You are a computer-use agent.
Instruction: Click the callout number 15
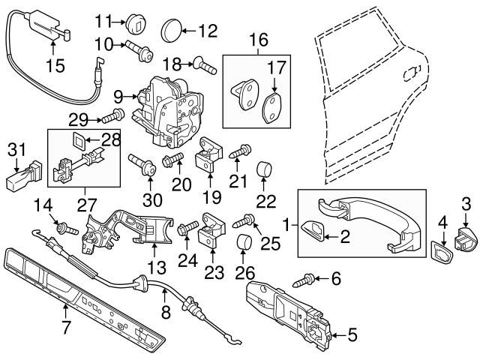tap(55, 66)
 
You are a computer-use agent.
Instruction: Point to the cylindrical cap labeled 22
tap(265, 169)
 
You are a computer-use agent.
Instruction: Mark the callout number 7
tap(67, 328)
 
